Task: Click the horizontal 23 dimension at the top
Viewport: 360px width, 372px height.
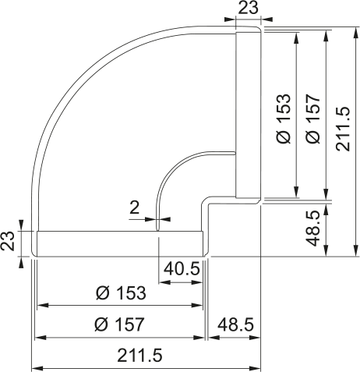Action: click(x=248, y=9)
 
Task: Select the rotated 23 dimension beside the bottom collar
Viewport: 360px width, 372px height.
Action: click(x=9, y=243)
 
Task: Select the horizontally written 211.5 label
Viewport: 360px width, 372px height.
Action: click(x=139, y=355)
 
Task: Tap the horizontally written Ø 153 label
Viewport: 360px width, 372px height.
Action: click(x=121, y=293)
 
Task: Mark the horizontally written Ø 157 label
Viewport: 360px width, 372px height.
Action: click(x=121, y=324)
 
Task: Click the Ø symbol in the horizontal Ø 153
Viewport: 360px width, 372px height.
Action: click(x=101, y=293)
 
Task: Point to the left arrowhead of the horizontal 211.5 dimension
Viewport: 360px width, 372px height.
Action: click(x=36, y=368)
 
